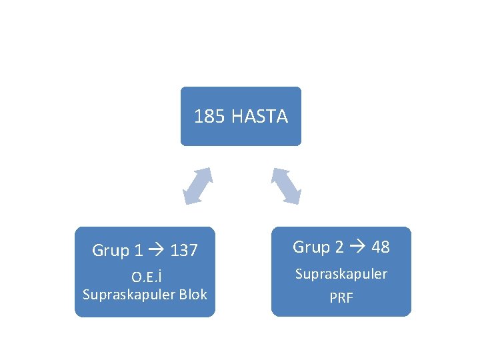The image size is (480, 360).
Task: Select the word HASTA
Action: (x=260, y=117)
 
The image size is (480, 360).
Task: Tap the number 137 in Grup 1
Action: (x=184, y=251)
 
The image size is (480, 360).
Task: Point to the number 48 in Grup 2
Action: (x=381, y=247)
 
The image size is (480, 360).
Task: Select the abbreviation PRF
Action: (x=341, y=297)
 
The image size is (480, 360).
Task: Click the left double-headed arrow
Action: (x=198, y=185)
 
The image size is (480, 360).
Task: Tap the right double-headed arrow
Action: (x=286, y=185)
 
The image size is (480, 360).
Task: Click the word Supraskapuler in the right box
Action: (x=341, y=274)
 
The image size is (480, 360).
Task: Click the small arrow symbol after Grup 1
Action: (x=157, y=251)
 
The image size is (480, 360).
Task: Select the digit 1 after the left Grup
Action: (x=138, y=251)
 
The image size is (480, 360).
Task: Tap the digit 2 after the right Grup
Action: (x=339, y=247)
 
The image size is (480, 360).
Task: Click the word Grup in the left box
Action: (x=111, y=251)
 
